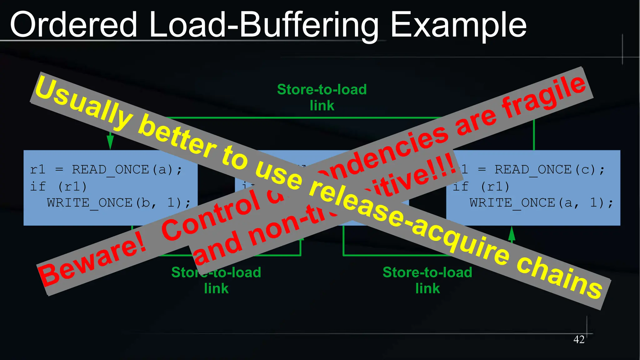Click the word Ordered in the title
click(x=74, y=24)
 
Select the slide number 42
click(x=579, y=339)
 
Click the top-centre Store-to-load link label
click(x=322, y=97)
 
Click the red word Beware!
click(x=92, y=259)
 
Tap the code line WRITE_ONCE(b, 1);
click(x=119, y=203)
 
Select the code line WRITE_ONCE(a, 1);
click(x=541, y=203)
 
